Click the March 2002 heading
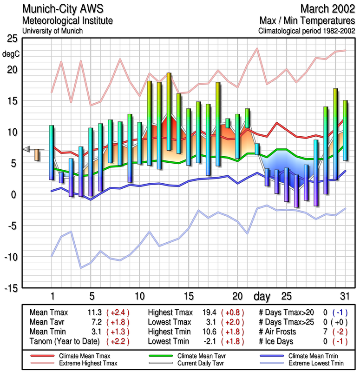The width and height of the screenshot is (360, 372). pos(327,9)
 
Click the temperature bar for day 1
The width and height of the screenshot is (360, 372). pos(52,152)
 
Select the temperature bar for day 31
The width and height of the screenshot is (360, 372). pos(345,131)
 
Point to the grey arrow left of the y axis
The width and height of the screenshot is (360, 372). pos(27,149)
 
